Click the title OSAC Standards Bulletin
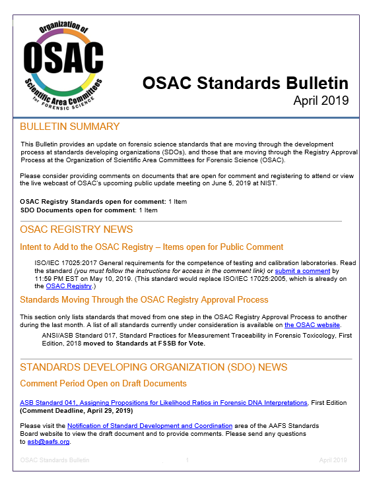246,83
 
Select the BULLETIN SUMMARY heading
69,127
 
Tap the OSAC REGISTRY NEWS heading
76,229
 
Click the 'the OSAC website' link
312,325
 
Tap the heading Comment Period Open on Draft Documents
103,383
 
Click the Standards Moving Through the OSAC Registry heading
144,299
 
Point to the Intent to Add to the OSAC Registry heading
151,247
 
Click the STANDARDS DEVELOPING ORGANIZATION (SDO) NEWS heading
153,367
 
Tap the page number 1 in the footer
187,460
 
